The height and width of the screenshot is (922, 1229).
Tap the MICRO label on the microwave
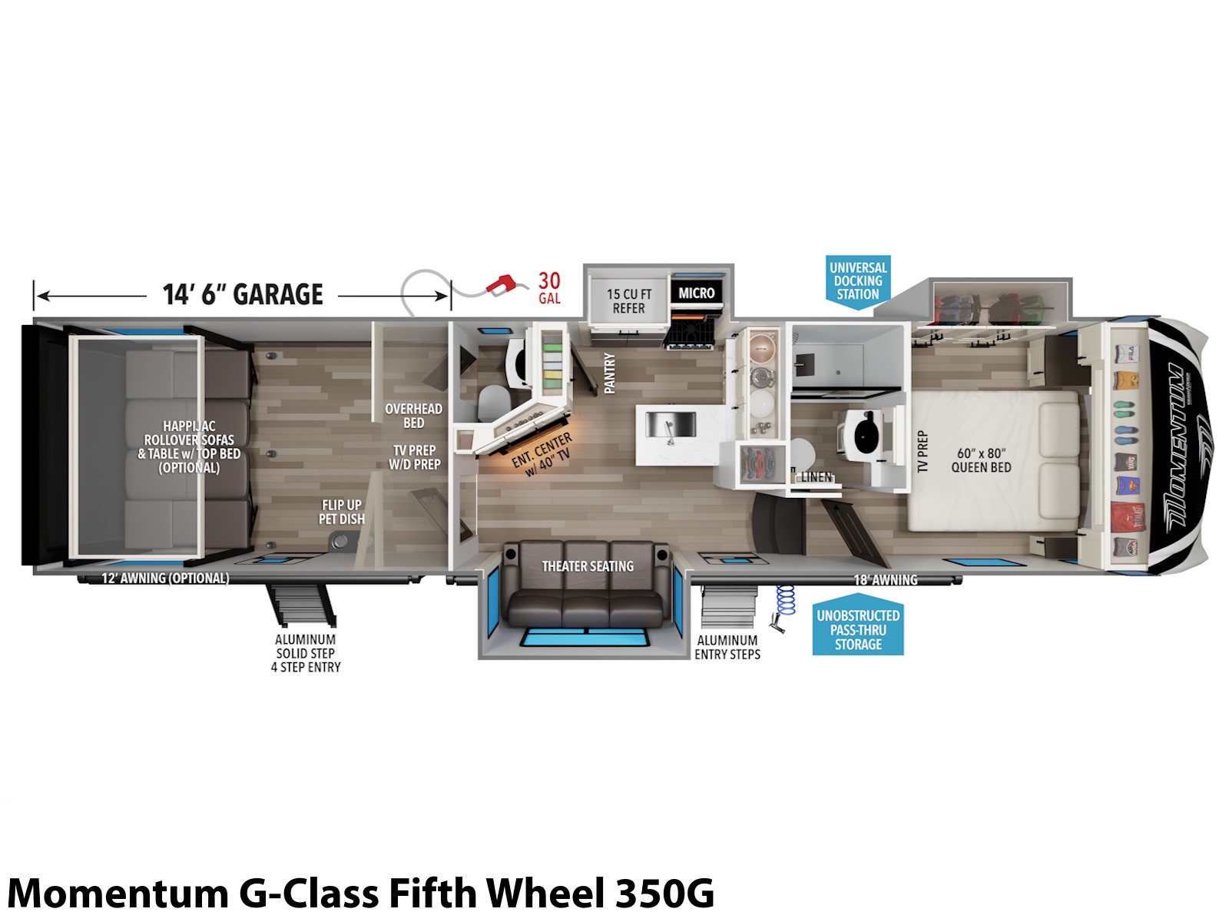697,293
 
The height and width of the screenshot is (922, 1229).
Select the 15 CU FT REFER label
629,301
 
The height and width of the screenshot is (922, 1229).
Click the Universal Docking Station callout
858,281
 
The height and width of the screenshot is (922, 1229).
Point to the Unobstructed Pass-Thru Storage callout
858,630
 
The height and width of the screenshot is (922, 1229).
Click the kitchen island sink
671,425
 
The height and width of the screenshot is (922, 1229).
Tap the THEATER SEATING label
588,566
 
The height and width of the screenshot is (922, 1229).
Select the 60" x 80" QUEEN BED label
981,460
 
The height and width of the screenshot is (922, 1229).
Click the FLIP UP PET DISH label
342,512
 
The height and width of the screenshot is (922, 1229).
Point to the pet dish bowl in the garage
340,542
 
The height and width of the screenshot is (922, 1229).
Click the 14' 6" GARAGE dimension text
243,294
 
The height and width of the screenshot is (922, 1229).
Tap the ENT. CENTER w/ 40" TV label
543,455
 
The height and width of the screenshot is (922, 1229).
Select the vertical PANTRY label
610,373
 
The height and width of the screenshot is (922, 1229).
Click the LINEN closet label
817,477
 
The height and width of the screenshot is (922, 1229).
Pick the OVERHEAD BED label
414,416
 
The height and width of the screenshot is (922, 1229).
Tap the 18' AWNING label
885,580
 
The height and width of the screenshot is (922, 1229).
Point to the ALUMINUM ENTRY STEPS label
727,647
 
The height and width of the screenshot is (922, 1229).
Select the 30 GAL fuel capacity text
549,287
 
